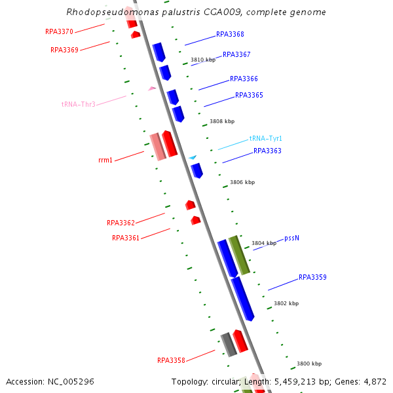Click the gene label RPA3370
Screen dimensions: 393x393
(x=59, y=31)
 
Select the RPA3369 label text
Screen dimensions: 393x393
(x=64, y=50)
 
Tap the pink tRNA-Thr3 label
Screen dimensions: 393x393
(x=79, y=104)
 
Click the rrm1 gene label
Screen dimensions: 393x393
(x=105, y=160)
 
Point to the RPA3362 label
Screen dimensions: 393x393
(x=121, y=223)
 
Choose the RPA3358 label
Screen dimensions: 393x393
(x=171, y=360)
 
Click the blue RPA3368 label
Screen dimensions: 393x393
(x=230, y=35)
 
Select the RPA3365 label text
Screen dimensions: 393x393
(x=249, y=96)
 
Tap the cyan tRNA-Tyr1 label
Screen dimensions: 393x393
(x=265, y=139)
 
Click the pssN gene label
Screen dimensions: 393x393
(x=291, y=238)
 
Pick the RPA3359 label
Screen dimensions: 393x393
(x=312, y=278)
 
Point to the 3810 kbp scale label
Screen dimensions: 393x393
(x=203, y=60)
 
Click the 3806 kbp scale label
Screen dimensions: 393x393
(x=242, y=183)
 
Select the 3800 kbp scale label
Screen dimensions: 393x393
(x=309, y=364)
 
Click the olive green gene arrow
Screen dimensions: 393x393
(x=239, y=255)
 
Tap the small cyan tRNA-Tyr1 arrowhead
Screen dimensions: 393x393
(x=193, y=157)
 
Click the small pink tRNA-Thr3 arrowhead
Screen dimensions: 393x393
(x=152, y=88)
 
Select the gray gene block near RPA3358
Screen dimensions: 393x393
(x=228, y=344)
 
